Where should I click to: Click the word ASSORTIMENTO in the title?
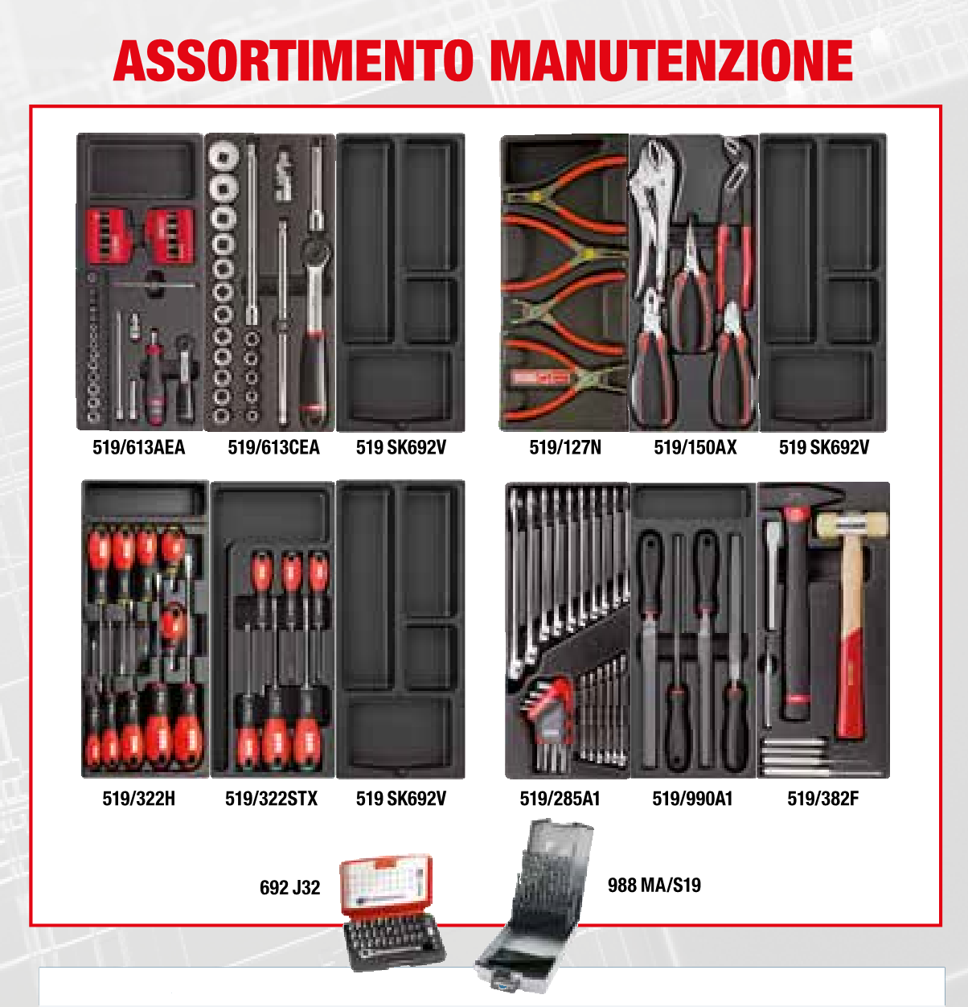293,61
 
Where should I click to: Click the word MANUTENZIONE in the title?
671,61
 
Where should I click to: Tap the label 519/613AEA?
138,447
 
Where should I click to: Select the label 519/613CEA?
273,447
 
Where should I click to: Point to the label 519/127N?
565,447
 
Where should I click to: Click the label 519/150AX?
695,447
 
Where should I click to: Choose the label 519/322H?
138,799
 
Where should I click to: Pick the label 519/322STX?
271,799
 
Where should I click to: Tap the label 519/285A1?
560,799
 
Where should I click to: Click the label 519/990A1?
692,799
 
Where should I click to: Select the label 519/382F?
822,799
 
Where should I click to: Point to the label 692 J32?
289,888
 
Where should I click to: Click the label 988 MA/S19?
654,886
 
